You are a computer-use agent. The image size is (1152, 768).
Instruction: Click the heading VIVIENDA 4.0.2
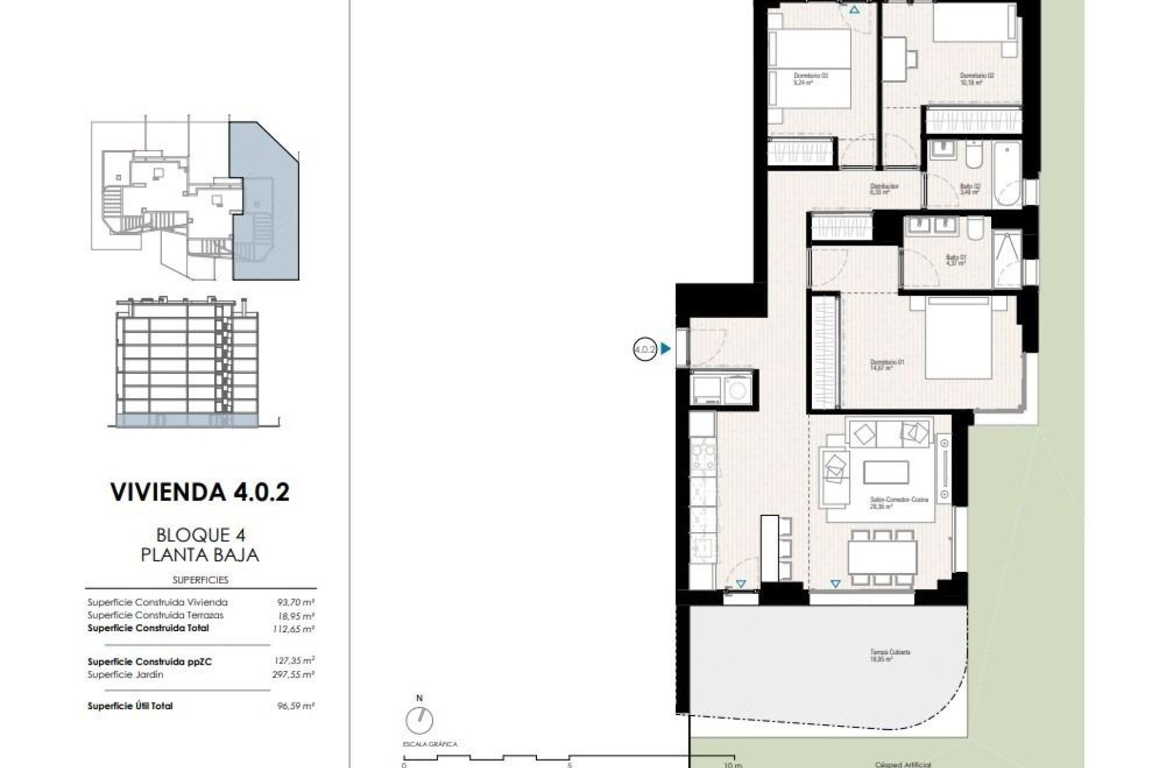pos(200,492)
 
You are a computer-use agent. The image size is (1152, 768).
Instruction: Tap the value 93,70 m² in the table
pos(295,602)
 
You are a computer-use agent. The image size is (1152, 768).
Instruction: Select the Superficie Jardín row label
pos(125,675)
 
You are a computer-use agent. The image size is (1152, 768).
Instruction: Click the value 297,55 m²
pos(293,675)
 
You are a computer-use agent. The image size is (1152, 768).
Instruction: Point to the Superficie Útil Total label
pos(130,706)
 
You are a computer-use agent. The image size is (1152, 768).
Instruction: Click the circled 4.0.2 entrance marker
pos(645,349)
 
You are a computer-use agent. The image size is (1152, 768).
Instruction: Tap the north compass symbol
pos(419,719)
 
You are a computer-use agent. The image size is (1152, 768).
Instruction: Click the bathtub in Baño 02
pos(1007,175)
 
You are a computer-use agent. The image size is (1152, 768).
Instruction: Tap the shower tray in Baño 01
pos(1007,259)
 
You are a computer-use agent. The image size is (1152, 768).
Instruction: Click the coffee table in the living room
pos(886,472)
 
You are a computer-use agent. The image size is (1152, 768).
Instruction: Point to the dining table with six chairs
pos(882,557)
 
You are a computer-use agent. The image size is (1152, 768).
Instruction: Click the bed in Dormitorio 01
pos(958,339)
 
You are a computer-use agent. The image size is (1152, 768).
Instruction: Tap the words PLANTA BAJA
pos(200,555)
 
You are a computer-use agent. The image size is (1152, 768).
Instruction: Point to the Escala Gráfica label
pos(430,745)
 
